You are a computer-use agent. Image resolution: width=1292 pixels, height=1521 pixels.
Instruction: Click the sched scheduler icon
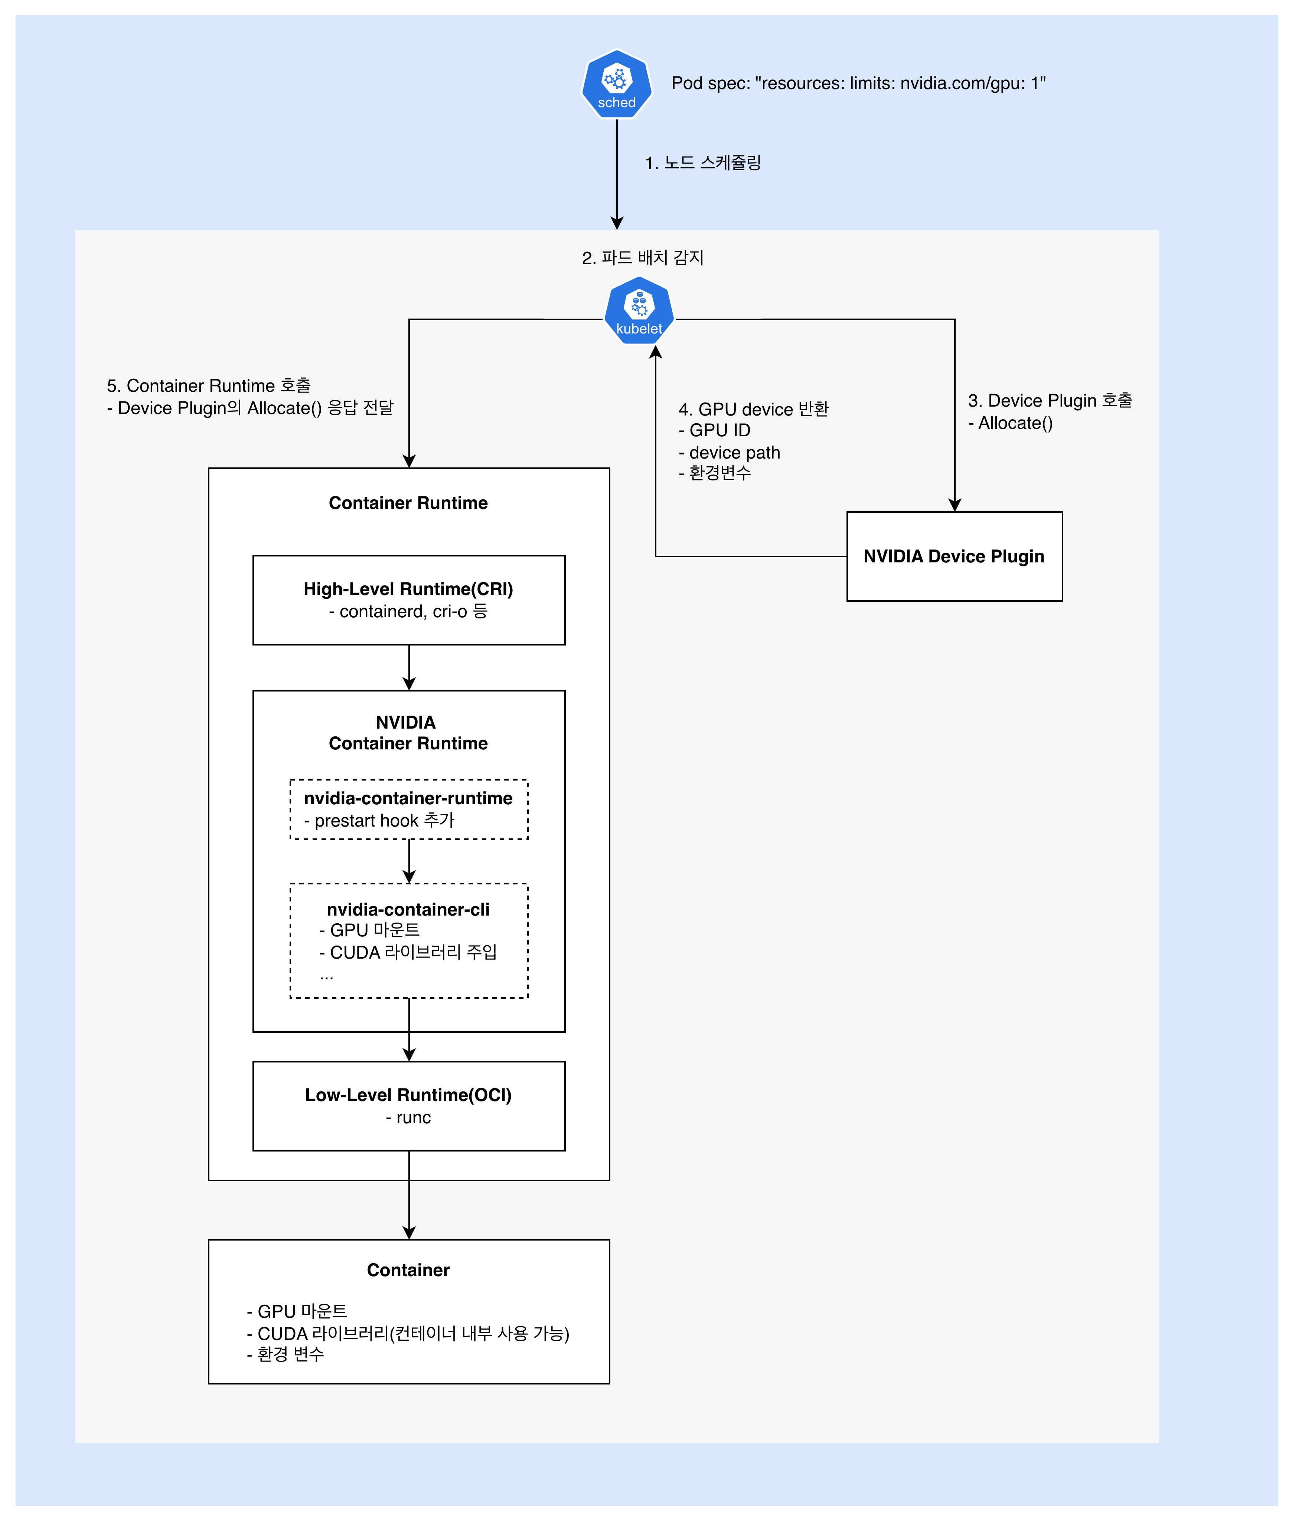(617, 84)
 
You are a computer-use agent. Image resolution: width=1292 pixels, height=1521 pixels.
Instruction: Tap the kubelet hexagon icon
(639, 311)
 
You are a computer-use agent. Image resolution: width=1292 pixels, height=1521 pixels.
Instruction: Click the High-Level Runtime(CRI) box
(409, 600)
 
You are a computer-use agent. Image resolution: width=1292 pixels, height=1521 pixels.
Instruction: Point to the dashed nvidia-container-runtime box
(409, 809)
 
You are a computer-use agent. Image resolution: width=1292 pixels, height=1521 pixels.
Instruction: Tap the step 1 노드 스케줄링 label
(702, 162)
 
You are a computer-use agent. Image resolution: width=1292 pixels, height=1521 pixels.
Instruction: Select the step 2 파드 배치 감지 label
(642, 258)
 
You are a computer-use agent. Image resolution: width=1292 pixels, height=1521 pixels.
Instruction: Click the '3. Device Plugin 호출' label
(1050, 400)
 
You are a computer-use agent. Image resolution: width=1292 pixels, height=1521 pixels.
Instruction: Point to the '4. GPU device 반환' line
(753, 409)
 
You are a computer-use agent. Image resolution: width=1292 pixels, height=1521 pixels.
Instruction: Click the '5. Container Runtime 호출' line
(209, 386)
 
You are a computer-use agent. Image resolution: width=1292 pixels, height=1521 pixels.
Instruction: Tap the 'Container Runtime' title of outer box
(408, 503)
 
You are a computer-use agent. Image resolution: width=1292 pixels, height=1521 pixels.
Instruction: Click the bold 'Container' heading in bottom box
(408, 1270)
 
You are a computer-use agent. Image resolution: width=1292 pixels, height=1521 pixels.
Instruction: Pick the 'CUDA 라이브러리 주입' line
(408, 952)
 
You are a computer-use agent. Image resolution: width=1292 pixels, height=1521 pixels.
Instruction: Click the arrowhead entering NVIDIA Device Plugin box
(955, 505)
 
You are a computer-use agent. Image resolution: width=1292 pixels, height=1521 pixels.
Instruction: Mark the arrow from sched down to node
(617, 176)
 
